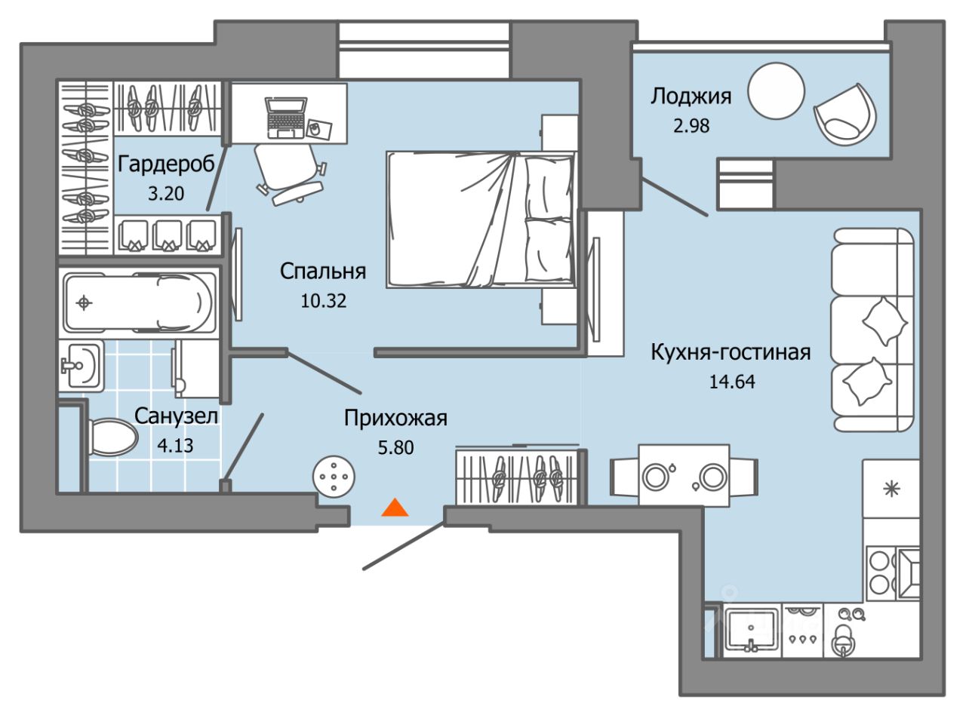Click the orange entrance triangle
395,508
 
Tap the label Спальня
323,272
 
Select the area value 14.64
732,382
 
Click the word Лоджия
691,97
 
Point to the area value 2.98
691,126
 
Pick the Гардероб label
166,164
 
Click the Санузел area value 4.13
175,446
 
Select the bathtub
140,302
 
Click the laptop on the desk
286,118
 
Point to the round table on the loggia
776,91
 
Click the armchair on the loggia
845,115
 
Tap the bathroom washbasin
82,366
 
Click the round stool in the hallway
334,477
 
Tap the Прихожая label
395,418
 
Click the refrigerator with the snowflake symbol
891,489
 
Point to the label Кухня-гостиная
731,351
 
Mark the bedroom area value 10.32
323,301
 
